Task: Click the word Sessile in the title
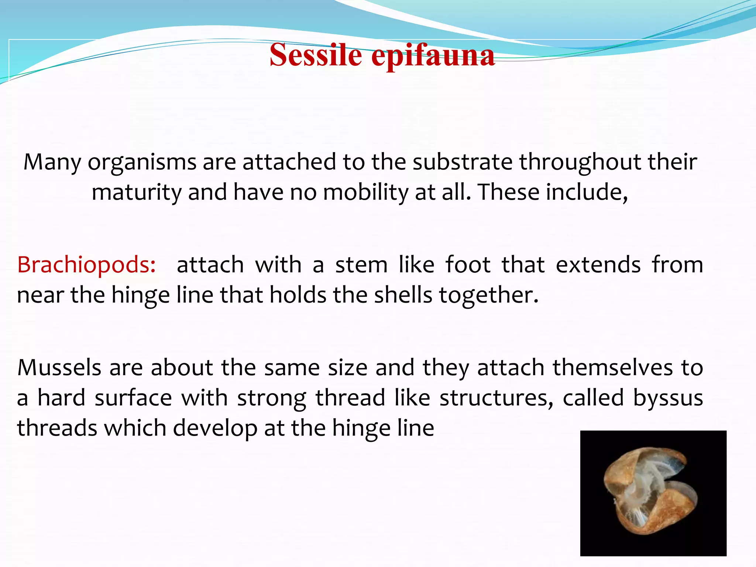pos(316,55)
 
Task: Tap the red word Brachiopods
pos(86,265)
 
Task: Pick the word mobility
pos(366,192)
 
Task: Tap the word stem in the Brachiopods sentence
pos(361,265)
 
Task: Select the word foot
pos(468,265)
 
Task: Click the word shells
pos(403,295)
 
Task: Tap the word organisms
pos(142,163)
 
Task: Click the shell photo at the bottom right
pos(653,493)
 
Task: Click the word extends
pos(598,265)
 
